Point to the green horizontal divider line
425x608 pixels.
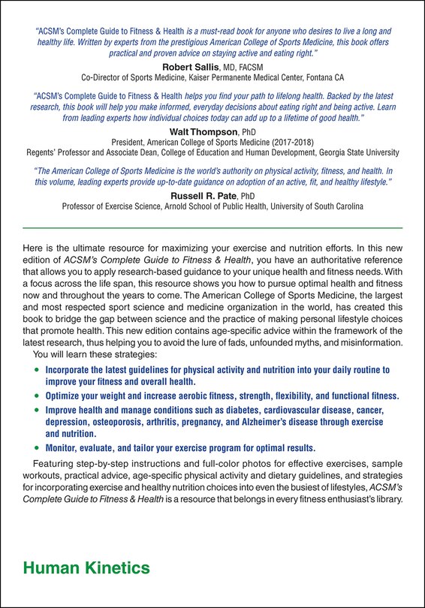(x=212, y=227)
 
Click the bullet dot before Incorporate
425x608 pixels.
(x=38, y=370)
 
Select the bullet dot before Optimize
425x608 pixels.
(x=38, y=396)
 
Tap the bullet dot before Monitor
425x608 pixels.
(x=38, y=447)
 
